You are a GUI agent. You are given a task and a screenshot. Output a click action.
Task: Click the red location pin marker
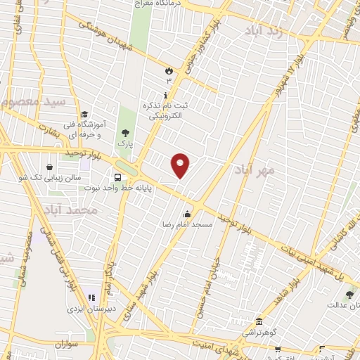click(181, 165)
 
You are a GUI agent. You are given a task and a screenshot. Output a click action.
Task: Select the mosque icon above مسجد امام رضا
click(186, 214)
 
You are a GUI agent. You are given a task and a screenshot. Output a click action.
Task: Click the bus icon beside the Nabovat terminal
click(117, 177)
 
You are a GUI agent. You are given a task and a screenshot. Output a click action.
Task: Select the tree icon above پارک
click(124, 132)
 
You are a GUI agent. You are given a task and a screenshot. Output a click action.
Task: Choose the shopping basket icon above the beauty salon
click(50, 167)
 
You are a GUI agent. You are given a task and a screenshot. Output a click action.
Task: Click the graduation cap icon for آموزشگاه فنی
click(84, 115)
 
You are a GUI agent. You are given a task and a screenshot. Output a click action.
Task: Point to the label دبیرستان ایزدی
click(85, 308)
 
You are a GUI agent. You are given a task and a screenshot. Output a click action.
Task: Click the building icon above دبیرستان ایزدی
click(91, 297)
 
